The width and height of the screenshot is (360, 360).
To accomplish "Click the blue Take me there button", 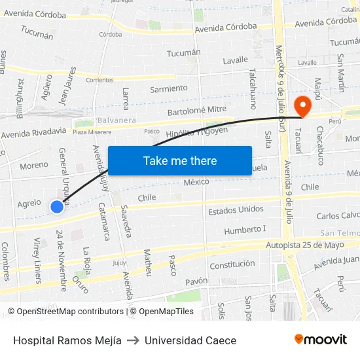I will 179,160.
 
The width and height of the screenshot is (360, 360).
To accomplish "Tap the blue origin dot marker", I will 57,207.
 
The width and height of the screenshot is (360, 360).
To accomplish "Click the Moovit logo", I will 321,339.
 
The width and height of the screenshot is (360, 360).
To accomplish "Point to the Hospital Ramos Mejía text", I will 67,340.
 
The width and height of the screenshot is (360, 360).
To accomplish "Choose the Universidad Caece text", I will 190,340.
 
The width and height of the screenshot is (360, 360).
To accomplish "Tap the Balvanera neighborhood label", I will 116,120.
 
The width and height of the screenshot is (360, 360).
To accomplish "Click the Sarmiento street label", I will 169,88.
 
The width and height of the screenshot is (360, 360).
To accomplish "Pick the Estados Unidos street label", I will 236,211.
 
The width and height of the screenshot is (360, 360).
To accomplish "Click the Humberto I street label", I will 245,230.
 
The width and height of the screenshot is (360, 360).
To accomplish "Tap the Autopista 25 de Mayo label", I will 305,245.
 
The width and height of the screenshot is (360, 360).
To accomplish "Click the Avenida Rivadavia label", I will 34,134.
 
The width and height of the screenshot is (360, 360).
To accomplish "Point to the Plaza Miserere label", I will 89,132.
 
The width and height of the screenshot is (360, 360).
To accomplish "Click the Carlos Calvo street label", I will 338,215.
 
